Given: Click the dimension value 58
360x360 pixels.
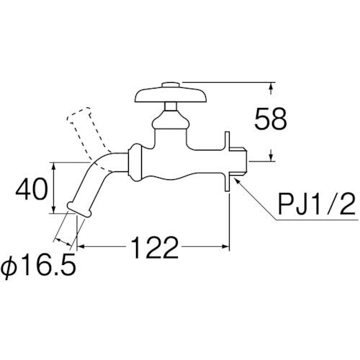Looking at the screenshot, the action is click(x=271, y=119).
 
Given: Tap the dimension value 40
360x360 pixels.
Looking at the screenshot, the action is click(x=31, y=189).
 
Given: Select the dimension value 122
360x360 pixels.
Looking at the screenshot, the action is click(x=155, y=247).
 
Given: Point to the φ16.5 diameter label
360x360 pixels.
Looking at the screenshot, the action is click(x=38, y=268).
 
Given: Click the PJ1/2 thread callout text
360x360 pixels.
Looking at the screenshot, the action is click(x=316, y=204).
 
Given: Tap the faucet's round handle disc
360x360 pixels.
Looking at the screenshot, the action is click(x=171, y=95).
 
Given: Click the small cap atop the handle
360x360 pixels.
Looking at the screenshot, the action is click(x=171, y=85).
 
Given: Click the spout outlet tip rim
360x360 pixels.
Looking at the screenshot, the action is click(x=79, y=210).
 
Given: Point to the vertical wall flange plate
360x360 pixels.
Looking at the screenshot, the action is click(x=228, y=161).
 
